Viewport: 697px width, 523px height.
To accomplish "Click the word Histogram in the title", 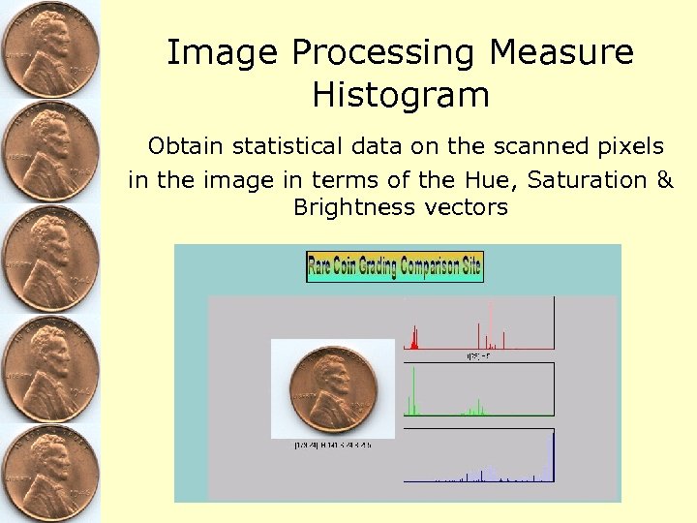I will click(x=401, y=95).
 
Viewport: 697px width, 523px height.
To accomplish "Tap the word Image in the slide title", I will click(x=208, y=52).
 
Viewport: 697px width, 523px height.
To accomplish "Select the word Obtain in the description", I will click(x=185, y=146).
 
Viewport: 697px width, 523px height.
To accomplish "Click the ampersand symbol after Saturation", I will click(x=664, y=179).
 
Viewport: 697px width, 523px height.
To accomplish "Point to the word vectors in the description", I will click(x=469, y=207).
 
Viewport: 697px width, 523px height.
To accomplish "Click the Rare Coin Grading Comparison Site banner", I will click(x=395, y=267).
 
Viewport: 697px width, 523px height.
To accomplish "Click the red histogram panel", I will click(x=479, y=324).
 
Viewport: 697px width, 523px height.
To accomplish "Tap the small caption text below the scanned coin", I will click(x=331, y=445).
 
